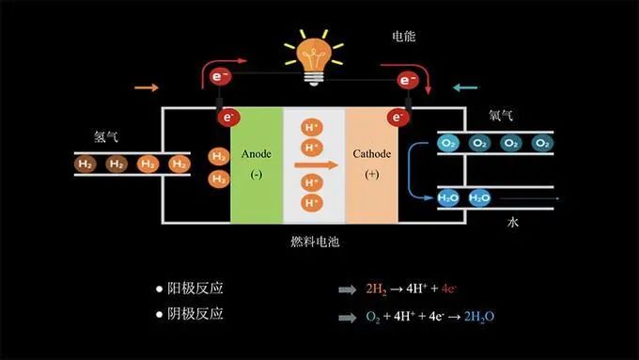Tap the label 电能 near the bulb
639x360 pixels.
(403, 37)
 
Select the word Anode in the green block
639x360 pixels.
(257, 153)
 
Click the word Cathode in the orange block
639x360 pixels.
(372, 153)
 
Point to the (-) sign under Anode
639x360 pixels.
(257, 175)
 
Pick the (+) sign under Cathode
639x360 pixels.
(372, 175)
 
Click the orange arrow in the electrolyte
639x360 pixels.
(314, 164)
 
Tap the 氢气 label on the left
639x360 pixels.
(105, 136)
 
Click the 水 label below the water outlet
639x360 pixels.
(513, 223)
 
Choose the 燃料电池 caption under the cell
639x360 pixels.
(314, 242)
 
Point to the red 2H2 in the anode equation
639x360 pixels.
(376, 290)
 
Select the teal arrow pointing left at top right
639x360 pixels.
(465, 88)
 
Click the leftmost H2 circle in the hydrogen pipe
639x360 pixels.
(86, 164)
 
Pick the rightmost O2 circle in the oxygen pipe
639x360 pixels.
(541, 143)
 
